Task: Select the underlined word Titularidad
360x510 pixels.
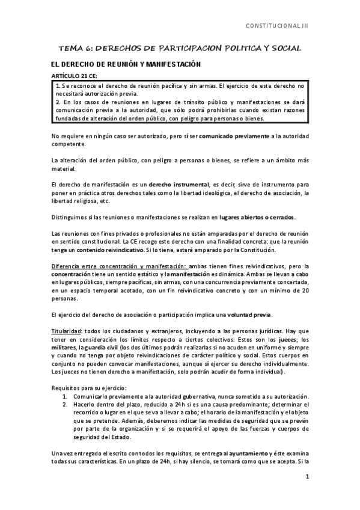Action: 66,331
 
